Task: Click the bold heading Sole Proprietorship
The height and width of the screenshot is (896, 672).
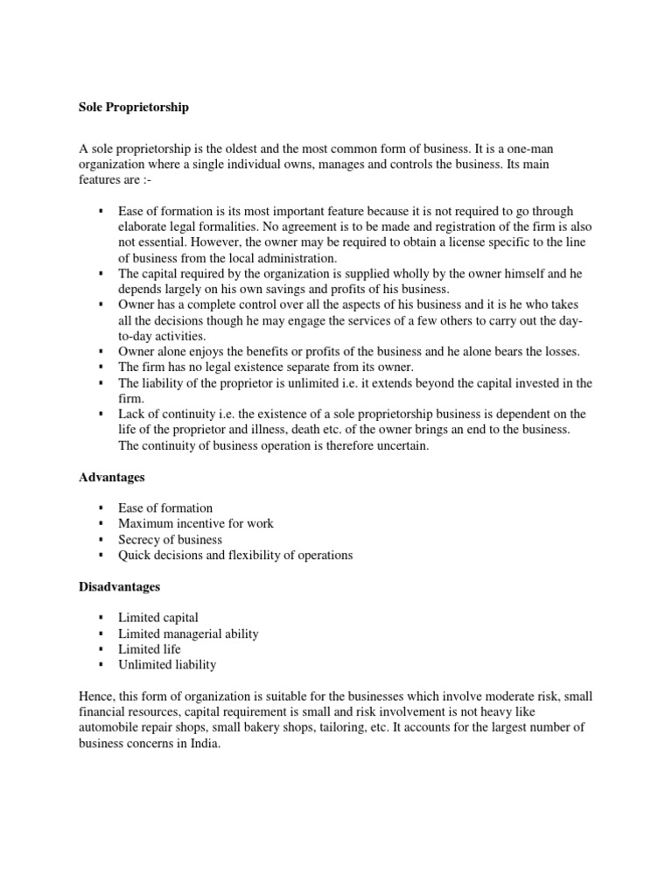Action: click(134, 108)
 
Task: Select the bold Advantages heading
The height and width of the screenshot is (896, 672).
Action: click(111, 478)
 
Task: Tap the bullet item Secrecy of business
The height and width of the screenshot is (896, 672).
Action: click(170, 539)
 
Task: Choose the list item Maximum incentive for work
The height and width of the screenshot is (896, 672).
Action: click(196, 523)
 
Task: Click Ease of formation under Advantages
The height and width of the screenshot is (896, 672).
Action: click(165, 507)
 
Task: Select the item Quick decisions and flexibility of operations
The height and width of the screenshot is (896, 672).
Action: click(235, 555)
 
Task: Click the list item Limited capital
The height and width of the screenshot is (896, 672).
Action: click(158, 618)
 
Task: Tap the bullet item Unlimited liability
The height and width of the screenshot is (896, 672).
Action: click(167, 665)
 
